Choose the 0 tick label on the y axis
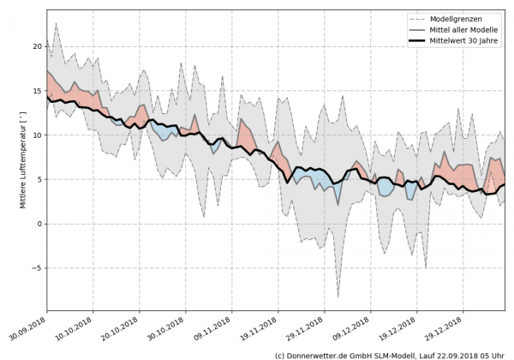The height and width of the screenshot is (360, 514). [x=38, y=224]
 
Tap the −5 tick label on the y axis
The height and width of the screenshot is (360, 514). [x=35, y=268]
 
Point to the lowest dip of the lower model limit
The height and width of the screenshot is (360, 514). [x=338, y=297]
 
